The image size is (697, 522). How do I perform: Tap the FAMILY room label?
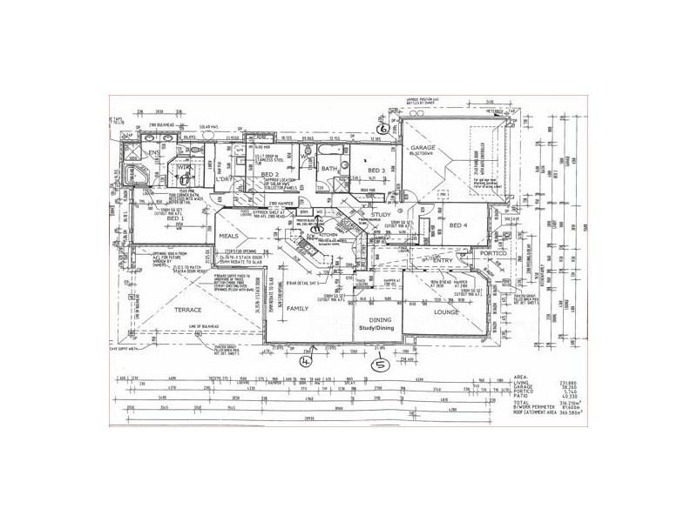point(297,309)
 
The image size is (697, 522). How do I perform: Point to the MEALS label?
point(229,236)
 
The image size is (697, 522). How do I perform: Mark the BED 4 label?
point(459,226)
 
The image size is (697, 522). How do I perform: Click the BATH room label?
point(328,169)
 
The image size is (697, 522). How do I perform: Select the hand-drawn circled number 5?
point(379,365)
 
